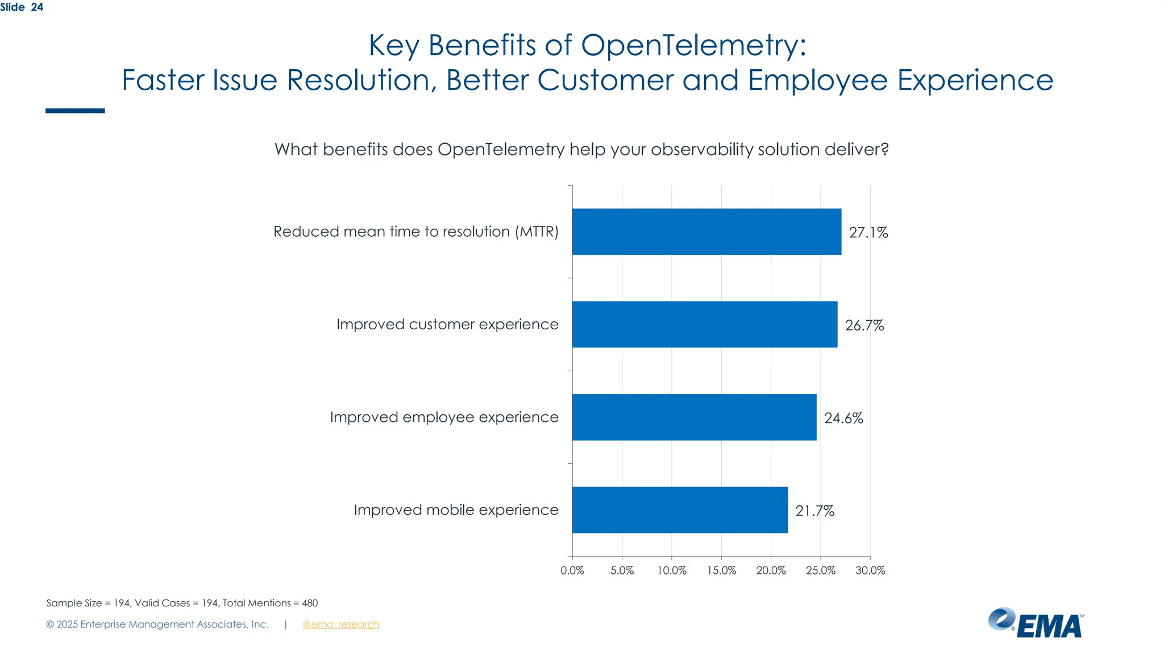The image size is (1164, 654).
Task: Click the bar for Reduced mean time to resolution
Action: pos(706,232)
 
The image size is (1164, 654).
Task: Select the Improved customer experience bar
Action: pos(705,324)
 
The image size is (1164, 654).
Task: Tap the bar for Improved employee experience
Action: pos(694,417)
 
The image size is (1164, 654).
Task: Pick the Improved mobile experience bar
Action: pos(680,510)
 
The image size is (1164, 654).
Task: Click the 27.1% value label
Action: pos(868,232)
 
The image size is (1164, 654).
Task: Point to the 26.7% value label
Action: pos(864,325)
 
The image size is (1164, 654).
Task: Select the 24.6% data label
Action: pos(843,418)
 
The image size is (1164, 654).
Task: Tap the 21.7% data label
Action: pos(814,511)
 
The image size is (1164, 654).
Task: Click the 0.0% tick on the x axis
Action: pos(572,571)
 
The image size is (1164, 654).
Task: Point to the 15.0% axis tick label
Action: pos(721,571)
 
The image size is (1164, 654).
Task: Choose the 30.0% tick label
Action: pos(870,571)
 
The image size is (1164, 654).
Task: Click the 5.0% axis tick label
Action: pos(622,571)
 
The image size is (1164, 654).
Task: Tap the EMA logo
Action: pos(1036,623)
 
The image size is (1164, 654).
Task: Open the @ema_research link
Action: pos(340,624)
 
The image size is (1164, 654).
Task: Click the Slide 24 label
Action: pos(22,7)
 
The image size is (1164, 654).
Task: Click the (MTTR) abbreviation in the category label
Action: pos(537,232)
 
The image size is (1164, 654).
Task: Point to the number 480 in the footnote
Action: pos(310,603)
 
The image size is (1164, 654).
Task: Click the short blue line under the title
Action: pos(75,111)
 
